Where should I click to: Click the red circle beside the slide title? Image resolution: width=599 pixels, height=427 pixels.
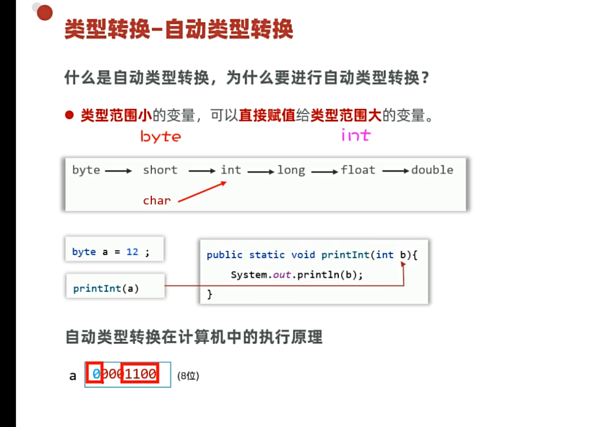(x=44, y=12)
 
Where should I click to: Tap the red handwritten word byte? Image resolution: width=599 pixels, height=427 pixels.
(x=161, y=136)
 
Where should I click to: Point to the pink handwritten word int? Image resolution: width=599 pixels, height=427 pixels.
(x=356, y=135)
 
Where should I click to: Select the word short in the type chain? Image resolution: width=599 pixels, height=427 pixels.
(x=160, y=170)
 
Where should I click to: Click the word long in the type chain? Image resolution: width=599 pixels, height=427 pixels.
(x=291, y=170)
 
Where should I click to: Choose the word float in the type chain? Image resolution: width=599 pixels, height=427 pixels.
(x=358, y=170)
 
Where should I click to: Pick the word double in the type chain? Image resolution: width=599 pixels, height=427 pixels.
(x=432, y=170)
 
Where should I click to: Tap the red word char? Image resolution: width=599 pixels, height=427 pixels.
(x=156, y=201)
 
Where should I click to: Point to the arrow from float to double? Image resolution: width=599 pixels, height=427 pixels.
(x=396, y=171)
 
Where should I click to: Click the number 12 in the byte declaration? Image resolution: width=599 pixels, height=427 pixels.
(x=132, y=252)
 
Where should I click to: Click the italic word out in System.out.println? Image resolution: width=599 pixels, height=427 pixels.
(x=282, y=275)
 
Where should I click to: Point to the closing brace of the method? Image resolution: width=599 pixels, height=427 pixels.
(x=210, y=294)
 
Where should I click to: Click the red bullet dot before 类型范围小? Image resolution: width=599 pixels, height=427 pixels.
(x=69, y=115)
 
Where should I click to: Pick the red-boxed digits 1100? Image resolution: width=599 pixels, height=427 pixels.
(x=140, y=373)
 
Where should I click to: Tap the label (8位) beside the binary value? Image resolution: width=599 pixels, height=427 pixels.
(x=188, y=376)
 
